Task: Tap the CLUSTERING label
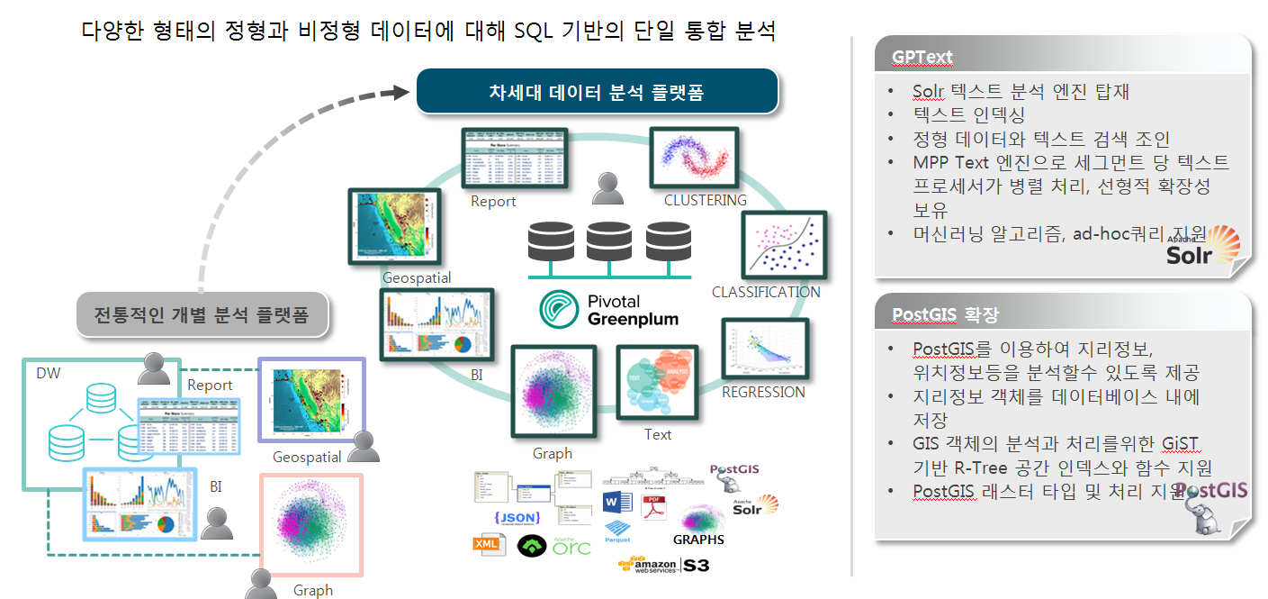pos(705,200)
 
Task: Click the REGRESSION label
pos(763,392)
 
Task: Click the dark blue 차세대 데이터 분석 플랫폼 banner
pos(596,92)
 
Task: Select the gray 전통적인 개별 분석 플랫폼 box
pos(202,315)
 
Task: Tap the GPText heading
pos(922,57)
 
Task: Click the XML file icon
pos(488,544)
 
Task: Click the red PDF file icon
pos(652,506)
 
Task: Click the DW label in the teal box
pos(49,373)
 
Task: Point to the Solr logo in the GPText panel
pos(1203,247)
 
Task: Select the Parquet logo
pos(617,531)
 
